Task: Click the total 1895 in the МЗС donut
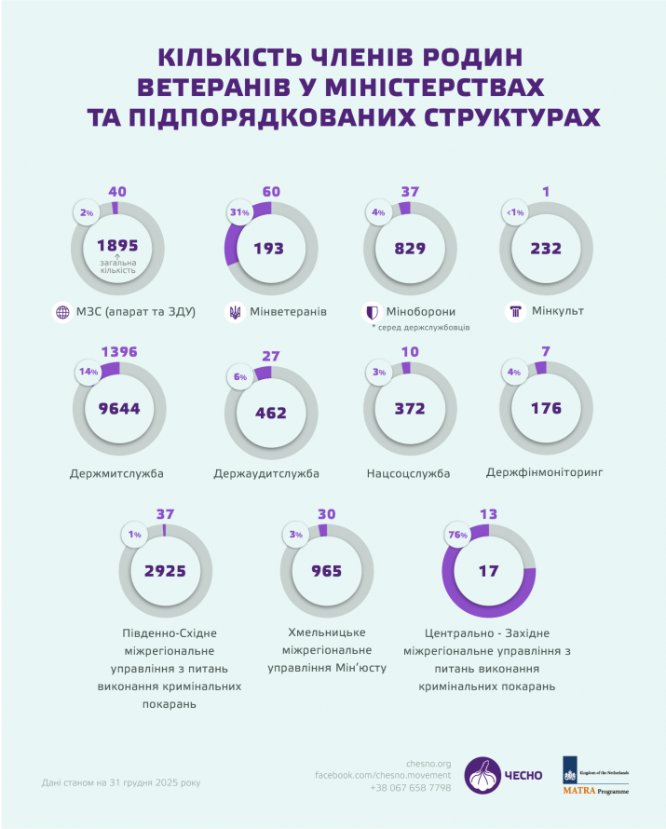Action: [x=117, y=245]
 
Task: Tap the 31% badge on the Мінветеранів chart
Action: [x=239, y=212]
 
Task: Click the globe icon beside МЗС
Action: [x=62, y=312]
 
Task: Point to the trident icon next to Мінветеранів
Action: [x=235, y=312]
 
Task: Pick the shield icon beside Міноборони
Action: [x=373, y=312]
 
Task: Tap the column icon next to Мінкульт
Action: [x=515, y=311]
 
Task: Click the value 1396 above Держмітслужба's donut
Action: [x=119, y=351]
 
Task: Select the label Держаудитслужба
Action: [x=266, y=473]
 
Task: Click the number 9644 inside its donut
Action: [x=119, y=409]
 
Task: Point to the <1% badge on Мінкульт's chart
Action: [x=515, y=212]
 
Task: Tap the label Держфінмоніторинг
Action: [x=544, y=472]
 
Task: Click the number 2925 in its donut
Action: [x=165, y=571]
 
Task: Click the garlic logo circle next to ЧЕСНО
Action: [x=483, y=775]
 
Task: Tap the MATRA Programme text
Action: [x=596, y=791]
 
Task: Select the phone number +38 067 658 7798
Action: [x=411, y=788]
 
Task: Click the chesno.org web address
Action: [x=428, y=764]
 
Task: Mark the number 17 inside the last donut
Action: [x=488, y=571]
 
